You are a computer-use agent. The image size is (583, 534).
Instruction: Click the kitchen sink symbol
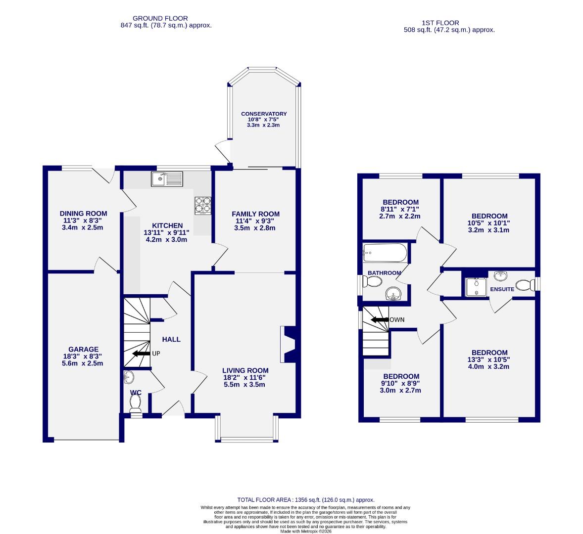click(167, 178)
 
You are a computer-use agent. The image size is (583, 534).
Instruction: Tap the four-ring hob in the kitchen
click(203, 205)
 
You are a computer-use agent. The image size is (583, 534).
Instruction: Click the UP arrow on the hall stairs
click(141, 354)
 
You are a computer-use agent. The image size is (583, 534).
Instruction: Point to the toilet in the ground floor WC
click(135, 403)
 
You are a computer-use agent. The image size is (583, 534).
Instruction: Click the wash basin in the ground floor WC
click(128, 378)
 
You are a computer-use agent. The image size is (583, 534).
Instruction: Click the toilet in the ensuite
click(525, 285)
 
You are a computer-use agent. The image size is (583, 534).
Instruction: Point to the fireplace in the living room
click(289, 344)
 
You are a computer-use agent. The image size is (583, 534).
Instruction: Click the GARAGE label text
click(83, 349)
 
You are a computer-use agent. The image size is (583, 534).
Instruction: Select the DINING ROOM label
click(83, 214)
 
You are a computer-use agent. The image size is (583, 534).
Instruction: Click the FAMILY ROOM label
click(255, 214)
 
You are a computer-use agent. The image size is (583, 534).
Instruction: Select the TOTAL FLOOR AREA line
click(305, 500)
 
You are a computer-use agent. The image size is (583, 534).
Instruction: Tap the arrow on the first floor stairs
click(380, 320)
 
